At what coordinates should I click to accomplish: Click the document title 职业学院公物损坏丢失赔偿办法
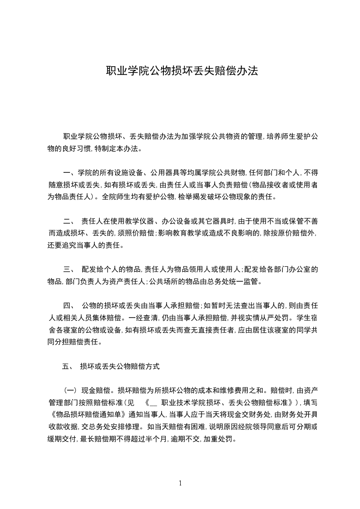182,71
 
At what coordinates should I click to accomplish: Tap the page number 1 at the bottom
180,483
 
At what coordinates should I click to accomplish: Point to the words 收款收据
63,426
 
